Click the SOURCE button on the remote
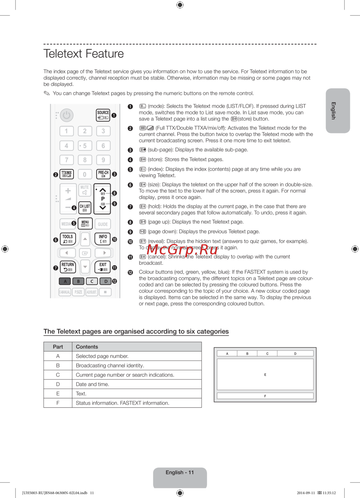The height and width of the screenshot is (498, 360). (103, 115)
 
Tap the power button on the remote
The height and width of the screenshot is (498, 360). (67, 115)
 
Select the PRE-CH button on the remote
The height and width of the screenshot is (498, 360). (103, 174)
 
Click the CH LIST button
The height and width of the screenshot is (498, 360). (85, 208)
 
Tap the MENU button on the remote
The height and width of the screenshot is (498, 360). (85, 223)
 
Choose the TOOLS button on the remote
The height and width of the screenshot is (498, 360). (68, 239)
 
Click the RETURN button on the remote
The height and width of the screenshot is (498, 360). (68, 267)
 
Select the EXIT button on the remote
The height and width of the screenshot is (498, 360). (103, 267)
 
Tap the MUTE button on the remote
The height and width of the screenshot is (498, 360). (85, 190)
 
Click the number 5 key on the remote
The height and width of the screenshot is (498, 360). (85, 146)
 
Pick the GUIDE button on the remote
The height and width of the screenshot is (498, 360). (103, 224)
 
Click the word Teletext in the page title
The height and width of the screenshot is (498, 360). (63, 54)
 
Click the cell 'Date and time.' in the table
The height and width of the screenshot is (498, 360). (93, 384)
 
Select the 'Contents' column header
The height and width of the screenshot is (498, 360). (87, 347)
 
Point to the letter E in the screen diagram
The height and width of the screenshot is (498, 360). (265, 375)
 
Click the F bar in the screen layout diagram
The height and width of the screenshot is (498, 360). (265, 396)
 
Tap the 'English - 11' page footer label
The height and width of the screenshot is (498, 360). (180, 472)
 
